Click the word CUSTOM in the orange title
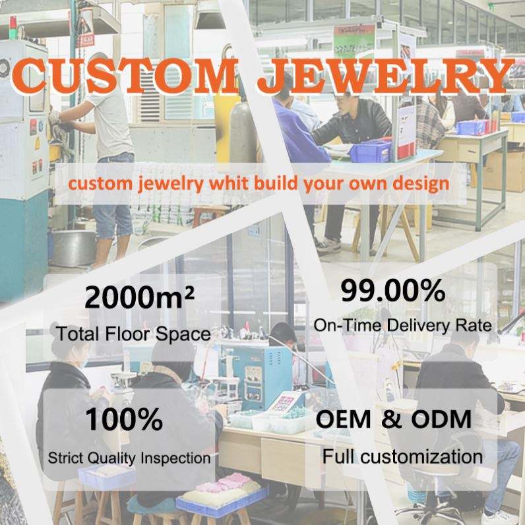click(x=125, y=75)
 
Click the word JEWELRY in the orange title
click(x=386, y=75)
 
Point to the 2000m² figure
click(x=139, y=297)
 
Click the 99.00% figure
click(x=393, y=290)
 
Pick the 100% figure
click(x=124, y=419)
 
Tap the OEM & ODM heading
click(x=393, y=419)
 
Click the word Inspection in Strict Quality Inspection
click(x=175, y=458)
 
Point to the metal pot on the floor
click(x=73, y=247)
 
